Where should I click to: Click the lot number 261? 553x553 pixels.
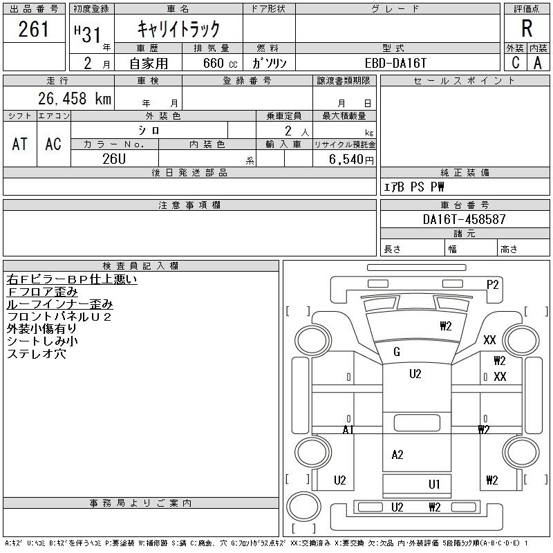coord(35,30)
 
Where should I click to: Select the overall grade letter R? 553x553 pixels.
coord(527,29)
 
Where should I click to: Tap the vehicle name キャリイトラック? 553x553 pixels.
coord(178,29)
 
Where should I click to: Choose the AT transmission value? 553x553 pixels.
coord(20,144)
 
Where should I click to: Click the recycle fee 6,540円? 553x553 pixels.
coord(353,159)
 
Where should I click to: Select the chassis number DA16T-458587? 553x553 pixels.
coord(465,219)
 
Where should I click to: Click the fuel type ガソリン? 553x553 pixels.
coord(270,62)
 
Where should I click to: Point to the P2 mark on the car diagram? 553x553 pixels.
coord(493,284)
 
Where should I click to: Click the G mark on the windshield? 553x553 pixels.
coord(397,352)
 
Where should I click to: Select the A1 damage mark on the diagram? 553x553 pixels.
coord(348,430)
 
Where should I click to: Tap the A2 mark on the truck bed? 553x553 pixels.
coord(397,455)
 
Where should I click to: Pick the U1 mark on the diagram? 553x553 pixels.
coord(434,485)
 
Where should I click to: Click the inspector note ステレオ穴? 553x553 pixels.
coord(36,354)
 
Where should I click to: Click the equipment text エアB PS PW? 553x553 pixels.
coord(414,187)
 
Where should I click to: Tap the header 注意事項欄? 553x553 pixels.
coord(189,205)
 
